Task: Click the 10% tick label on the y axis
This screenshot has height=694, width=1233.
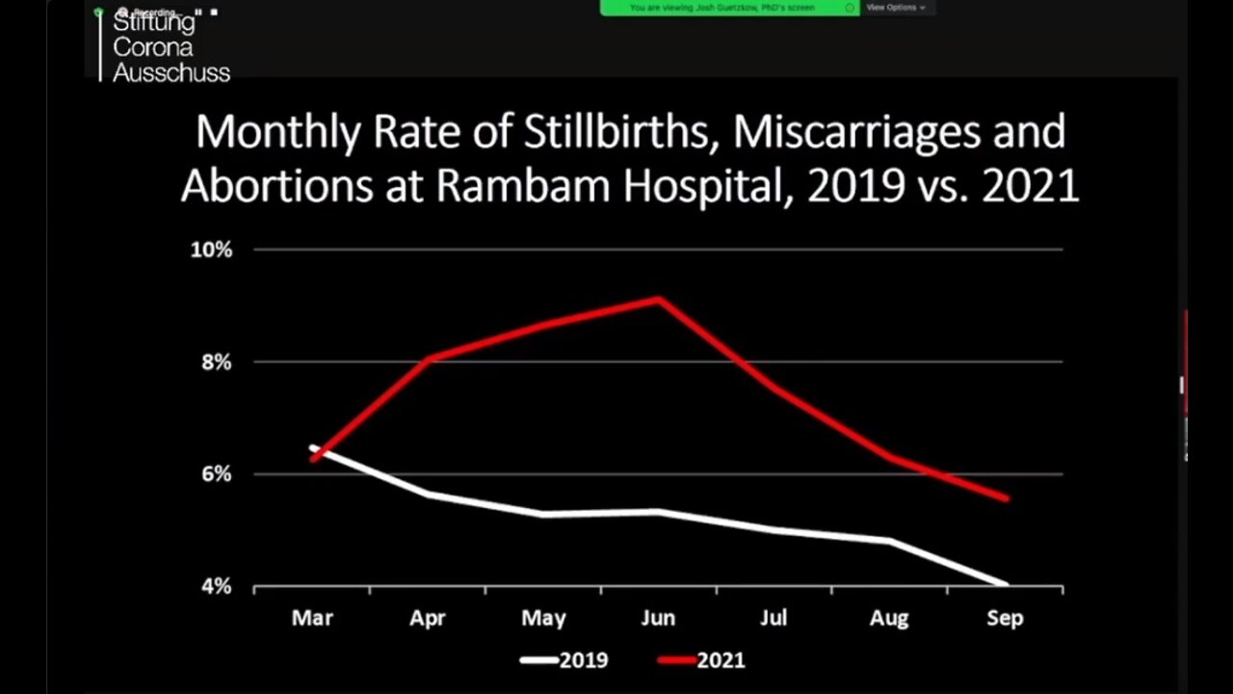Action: (x=211, y=250)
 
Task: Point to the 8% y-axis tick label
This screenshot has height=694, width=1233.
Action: (x=216, y=362)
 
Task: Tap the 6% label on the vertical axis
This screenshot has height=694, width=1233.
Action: (x=216, y=474)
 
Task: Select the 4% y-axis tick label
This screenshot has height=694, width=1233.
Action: (x=216, y=586)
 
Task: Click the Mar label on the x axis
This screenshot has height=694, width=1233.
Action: (x=312, y=618)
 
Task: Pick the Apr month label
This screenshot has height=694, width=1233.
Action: (x=428, y=618)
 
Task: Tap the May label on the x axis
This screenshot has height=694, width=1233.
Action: (x=543, y=618)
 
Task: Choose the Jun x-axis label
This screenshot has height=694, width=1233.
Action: (x=659, y=618)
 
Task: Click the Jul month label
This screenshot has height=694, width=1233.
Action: (x=774, y=618)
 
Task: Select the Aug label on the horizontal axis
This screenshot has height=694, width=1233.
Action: (x=889, y=618)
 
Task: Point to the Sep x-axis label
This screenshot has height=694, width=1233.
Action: (x=1005, y=618)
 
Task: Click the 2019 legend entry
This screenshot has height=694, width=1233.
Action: (x=564, y=660)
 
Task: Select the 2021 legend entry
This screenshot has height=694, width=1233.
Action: (x=702, y=660)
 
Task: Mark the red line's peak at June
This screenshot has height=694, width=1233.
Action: (x=659, y=299)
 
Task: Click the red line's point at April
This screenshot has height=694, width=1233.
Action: (x=428, y=359)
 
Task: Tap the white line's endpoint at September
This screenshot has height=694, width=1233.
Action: (x=1006, y=584)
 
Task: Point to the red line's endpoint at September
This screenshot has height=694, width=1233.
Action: (x=1006, y=498)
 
